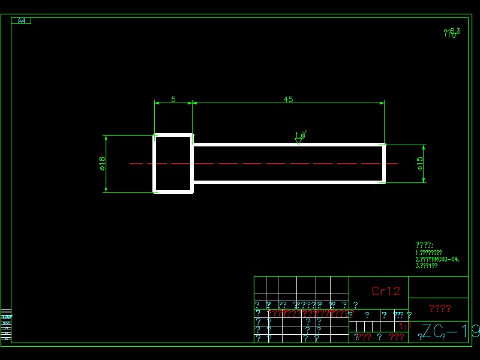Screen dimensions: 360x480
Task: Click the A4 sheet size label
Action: [21, 21]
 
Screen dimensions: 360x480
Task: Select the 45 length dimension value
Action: [288, 100]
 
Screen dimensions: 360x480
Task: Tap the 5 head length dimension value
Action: [173, 100]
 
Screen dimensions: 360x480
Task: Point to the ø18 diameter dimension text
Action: [102, 163]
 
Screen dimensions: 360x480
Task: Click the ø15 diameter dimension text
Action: [420, 163]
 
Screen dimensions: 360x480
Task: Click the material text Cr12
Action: [385, 292]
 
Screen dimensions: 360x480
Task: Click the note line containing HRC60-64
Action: [437, 259]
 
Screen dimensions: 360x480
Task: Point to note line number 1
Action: [428, 253]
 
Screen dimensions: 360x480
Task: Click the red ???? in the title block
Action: [440, 308]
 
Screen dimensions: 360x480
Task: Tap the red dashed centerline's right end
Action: [397, 163]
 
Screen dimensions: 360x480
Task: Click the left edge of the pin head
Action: [155, 163]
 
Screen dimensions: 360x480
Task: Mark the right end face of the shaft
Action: [384, 163]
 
